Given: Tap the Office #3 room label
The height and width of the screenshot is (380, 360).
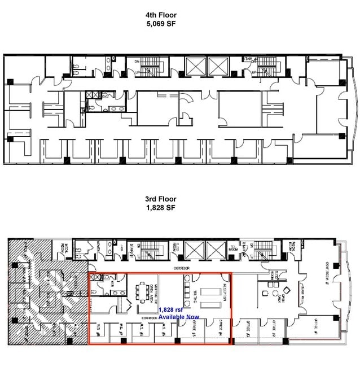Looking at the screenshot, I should tap(248, 325).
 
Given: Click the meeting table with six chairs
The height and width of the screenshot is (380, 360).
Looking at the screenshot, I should tap(144, 293).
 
